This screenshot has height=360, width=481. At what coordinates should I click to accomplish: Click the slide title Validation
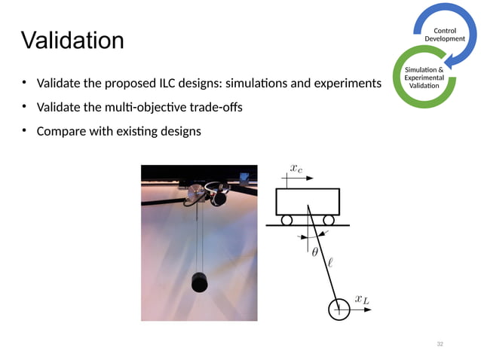click(72, 40)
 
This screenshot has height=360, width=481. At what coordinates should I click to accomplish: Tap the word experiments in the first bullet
click(346, 82)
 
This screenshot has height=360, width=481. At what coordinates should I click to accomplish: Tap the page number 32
click(440, 343)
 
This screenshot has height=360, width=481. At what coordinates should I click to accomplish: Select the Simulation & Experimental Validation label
click(424, 78)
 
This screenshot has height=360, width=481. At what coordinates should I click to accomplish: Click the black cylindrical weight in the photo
click(200, 281)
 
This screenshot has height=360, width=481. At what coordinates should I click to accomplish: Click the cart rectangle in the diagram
click(307, 201)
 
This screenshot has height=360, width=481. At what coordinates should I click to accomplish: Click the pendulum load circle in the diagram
click(339, 310)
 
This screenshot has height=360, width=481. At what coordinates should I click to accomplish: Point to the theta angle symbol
click(315, 252)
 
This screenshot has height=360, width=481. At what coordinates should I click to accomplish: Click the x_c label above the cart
click(296, 169)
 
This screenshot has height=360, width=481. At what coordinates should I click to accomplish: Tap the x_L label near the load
click(363, 300)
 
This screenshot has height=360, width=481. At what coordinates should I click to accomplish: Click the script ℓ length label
click(330, 262)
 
